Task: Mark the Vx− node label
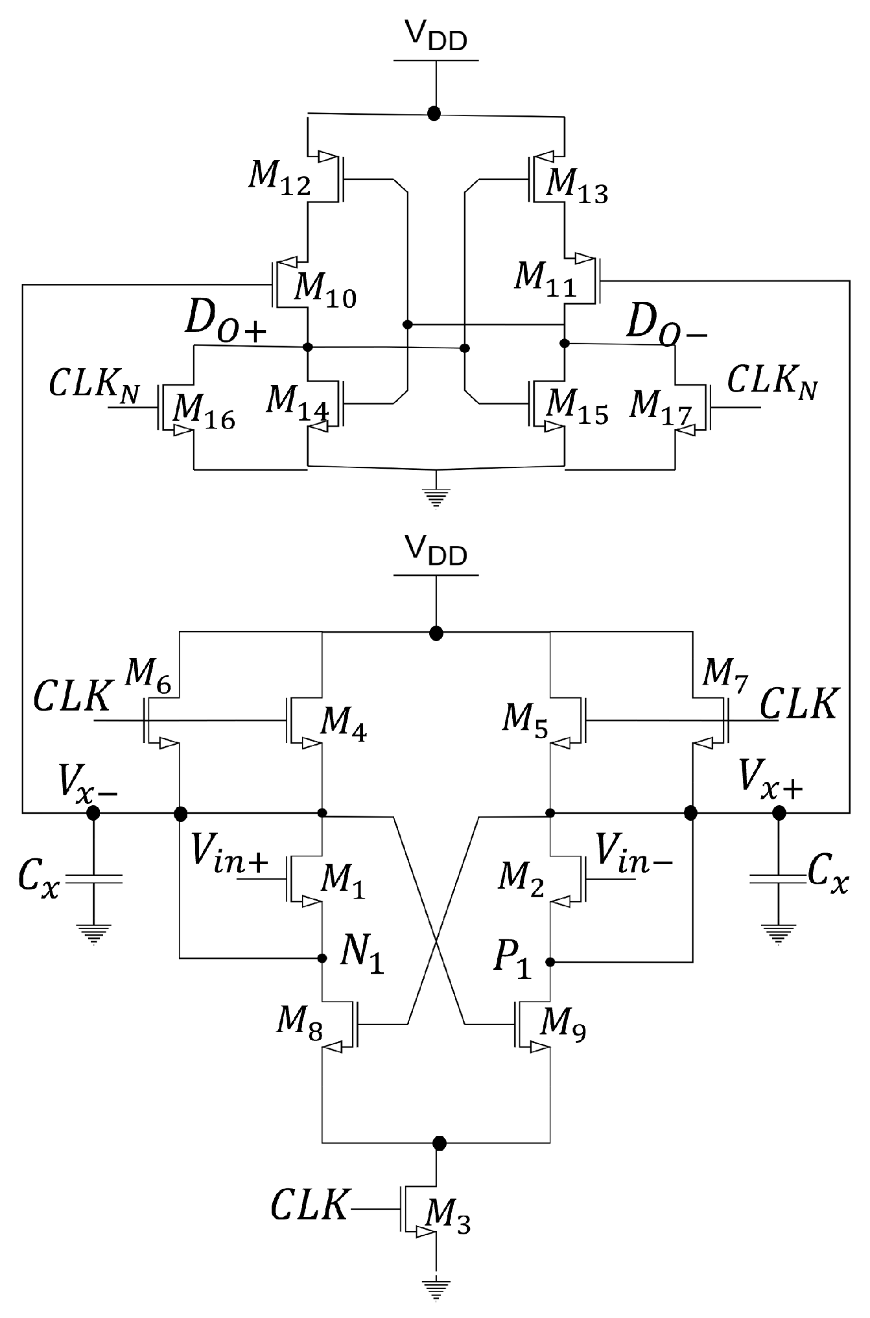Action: (88, 784)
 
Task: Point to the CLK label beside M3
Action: (308, 1205)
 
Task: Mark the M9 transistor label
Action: (564, 1026)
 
